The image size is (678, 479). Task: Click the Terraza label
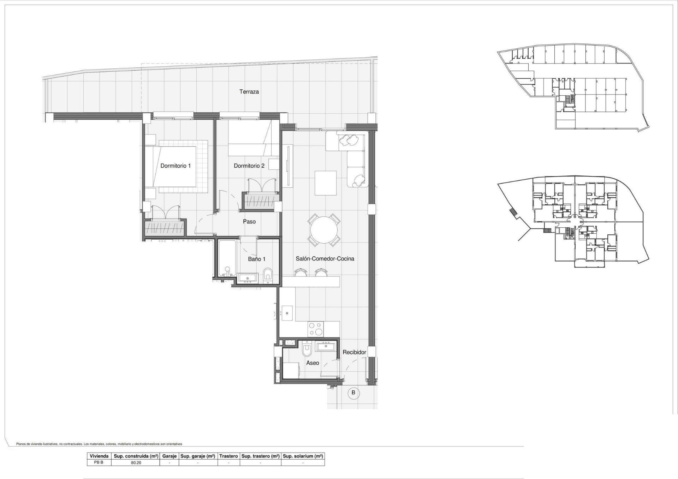[x=249, y=92]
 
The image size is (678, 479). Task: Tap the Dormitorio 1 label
[x=176, y=166]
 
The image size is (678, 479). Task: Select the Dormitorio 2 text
[x=249, y=166]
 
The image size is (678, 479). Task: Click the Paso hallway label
[x=249, y=222]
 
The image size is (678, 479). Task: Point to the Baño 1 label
[x=257, y=259]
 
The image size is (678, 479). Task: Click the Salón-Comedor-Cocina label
[x=325, y=259]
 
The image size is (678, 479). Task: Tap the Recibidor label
[x=354, y=352]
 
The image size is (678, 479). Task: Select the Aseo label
[x=313, y=363]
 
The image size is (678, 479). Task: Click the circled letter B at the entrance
[x=353, y=393]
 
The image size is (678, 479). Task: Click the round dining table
[x=324, y=230]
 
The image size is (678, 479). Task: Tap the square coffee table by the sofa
[x=326, y=183]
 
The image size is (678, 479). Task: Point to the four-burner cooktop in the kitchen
[x=316, y=329]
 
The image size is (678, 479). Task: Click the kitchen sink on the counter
[x=287, y=313]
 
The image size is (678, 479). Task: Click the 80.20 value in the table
[x=136, y=462]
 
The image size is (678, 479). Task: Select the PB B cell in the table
[x=99, y=462]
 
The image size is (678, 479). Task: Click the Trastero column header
[x=228, y=456]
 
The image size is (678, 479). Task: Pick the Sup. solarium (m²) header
[x=303, y=456]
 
